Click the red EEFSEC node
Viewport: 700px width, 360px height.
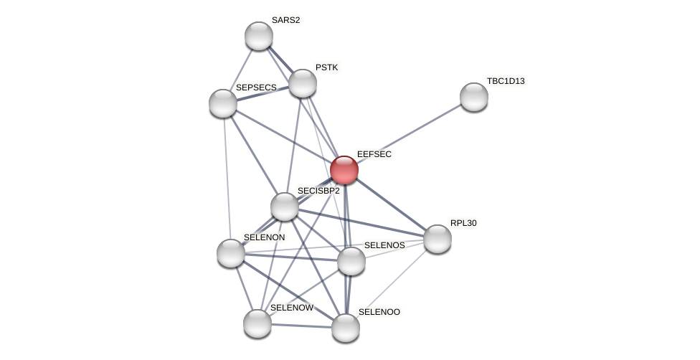[344, 170]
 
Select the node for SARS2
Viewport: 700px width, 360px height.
[259, 36]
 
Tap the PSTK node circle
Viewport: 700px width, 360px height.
[303, 83]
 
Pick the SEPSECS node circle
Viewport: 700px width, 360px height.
[223, 103]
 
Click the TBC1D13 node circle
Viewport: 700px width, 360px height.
[474, 97]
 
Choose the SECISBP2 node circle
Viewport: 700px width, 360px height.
[285, 207]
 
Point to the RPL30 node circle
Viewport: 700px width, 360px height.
[437, 239]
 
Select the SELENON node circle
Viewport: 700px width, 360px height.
[231, 253]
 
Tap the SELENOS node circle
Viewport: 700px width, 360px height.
[351, 261]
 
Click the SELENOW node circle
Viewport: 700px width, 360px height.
[257, 323]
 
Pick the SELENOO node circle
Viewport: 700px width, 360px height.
[346, 328]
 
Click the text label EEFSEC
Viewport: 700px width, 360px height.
[374, 154]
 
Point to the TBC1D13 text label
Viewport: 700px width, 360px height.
[506, 81]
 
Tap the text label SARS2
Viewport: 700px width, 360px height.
[285, 20]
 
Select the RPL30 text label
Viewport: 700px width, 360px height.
[463, 223]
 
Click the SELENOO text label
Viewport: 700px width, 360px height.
[379, 312]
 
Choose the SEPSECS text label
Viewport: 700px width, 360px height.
[256, 87]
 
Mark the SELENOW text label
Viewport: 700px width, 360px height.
[292, 308]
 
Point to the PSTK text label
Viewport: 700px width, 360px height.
[326, 67]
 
